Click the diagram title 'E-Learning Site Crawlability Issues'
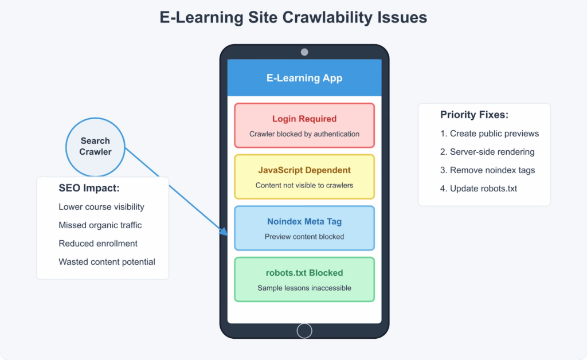(293, 18)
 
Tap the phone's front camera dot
(304, 52)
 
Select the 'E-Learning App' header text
(304, 78)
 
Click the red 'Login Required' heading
(304, 119)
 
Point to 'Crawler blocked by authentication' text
(304, 134)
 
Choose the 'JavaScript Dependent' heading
(304, 170)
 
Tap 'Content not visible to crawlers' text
(304, 185)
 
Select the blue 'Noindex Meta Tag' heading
(304, 221)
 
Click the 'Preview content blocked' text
(304, 236)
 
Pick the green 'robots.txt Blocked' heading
(304, 273)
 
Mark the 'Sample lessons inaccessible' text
(304, 288)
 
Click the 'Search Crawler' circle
(95, 146)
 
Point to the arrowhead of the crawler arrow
(225, 233)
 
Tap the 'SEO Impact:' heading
(89, 188)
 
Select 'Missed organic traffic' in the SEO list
(100, 225)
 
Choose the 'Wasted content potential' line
(107, 262)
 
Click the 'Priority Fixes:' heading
(474, 115)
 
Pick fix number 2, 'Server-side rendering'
(487, 152)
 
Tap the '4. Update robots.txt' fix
(479, 189)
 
